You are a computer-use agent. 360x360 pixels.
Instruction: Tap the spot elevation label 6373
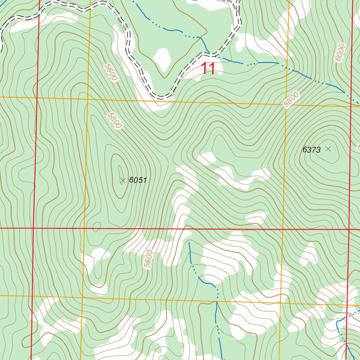point(311,150)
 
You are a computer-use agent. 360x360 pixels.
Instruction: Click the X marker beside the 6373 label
point(328,149)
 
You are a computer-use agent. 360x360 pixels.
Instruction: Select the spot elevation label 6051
point(137,180)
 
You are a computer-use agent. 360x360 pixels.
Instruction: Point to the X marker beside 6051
point(123,180)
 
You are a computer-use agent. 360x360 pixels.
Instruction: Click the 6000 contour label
point(340,53)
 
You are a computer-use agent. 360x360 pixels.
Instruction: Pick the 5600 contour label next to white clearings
point(149,259)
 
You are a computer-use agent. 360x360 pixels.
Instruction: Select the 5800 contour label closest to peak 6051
point(115,121)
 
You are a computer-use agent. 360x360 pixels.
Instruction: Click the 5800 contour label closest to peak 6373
point(291,99)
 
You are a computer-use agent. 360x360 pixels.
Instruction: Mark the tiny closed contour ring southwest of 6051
point(96,227)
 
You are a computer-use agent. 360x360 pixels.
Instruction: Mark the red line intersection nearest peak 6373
point(348,230)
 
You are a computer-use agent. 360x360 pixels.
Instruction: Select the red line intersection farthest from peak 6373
point(33,228)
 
